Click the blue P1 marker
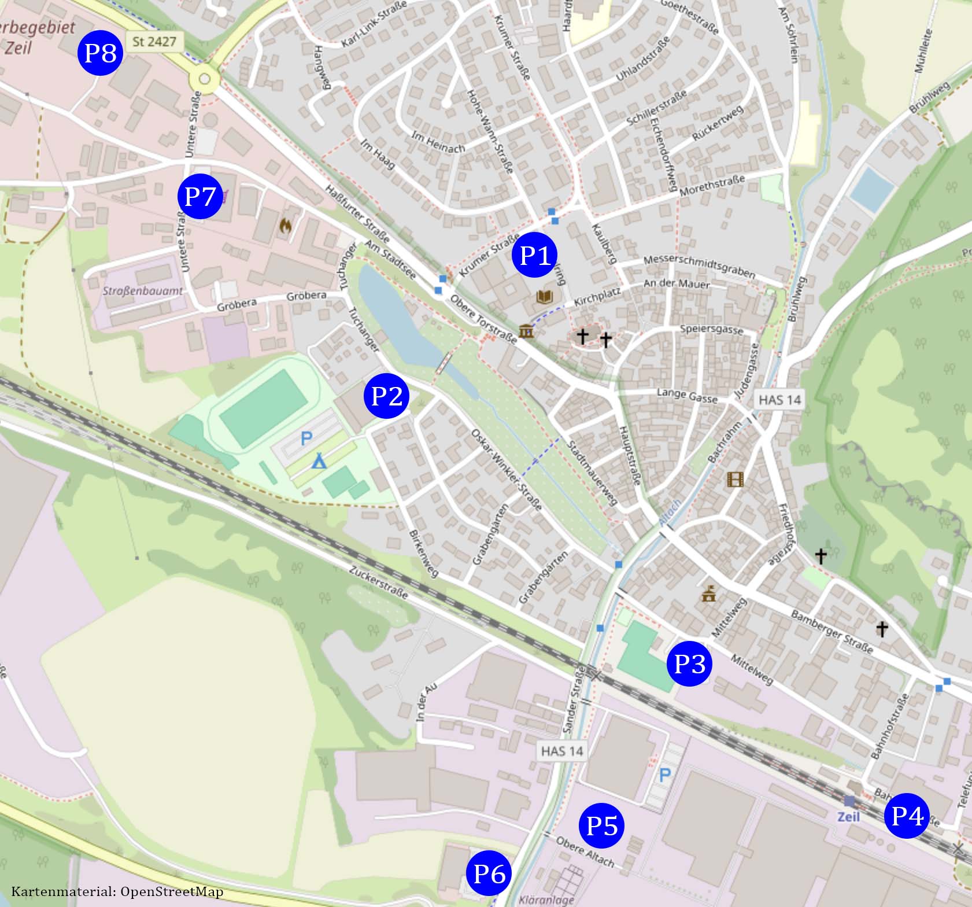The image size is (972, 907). pos(535,255)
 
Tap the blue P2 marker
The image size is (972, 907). pos(386,396)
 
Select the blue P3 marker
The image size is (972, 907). pos(689,663)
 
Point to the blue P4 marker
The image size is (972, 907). pos(907,816)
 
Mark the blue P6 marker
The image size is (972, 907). pos(489,873)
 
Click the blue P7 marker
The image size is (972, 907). pos(199,196)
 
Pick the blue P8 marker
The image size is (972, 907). pos(101,53)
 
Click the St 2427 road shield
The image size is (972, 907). pos(154,42)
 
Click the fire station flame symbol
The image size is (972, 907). pos(284,226)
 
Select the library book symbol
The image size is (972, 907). pos(545,297)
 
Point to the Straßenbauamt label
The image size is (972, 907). pos(143,291)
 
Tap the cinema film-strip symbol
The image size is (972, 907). pos(735,479)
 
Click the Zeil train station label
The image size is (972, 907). pos(849,816)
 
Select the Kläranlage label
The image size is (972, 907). pos(546,899)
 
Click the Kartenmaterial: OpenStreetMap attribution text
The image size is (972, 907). pos(117,891)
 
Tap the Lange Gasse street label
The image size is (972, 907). pos(687,395)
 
